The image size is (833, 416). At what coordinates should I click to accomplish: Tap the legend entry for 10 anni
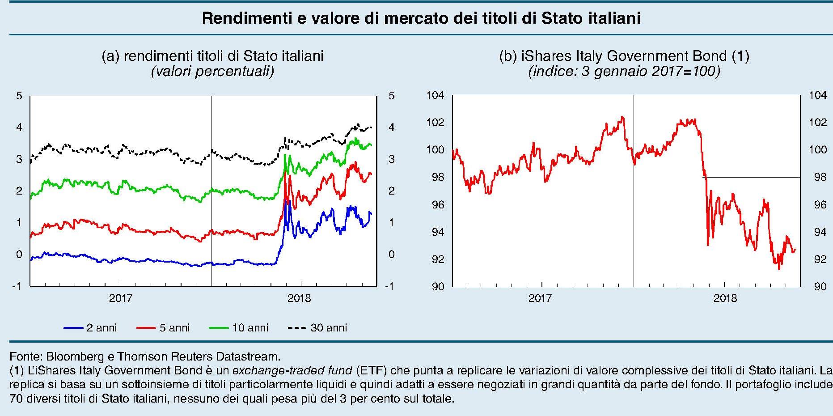[x=239, y=328]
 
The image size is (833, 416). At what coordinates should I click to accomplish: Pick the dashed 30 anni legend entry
[x=317, y=328]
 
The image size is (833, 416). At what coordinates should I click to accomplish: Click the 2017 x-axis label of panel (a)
[x=120, y=298]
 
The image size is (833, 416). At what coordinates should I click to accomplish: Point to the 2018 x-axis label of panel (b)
[x=725, y=298]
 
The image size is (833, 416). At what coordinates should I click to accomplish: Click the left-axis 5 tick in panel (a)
[x=19, y=96]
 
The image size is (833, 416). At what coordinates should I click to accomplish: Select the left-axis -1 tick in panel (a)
[x=17, y=286]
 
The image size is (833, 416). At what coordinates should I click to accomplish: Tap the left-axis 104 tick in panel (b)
[x=435, y=96]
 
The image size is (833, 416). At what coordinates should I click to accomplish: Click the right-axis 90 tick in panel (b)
[x=820, y=287]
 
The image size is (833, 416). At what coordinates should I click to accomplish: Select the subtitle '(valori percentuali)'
[x=212, y=72]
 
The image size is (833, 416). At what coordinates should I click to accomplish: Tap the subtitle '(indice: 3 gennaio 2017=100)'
[x=624, y=72]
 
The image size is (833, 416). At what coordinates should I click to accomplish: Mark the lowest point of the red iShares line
[x=779, y=269]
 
